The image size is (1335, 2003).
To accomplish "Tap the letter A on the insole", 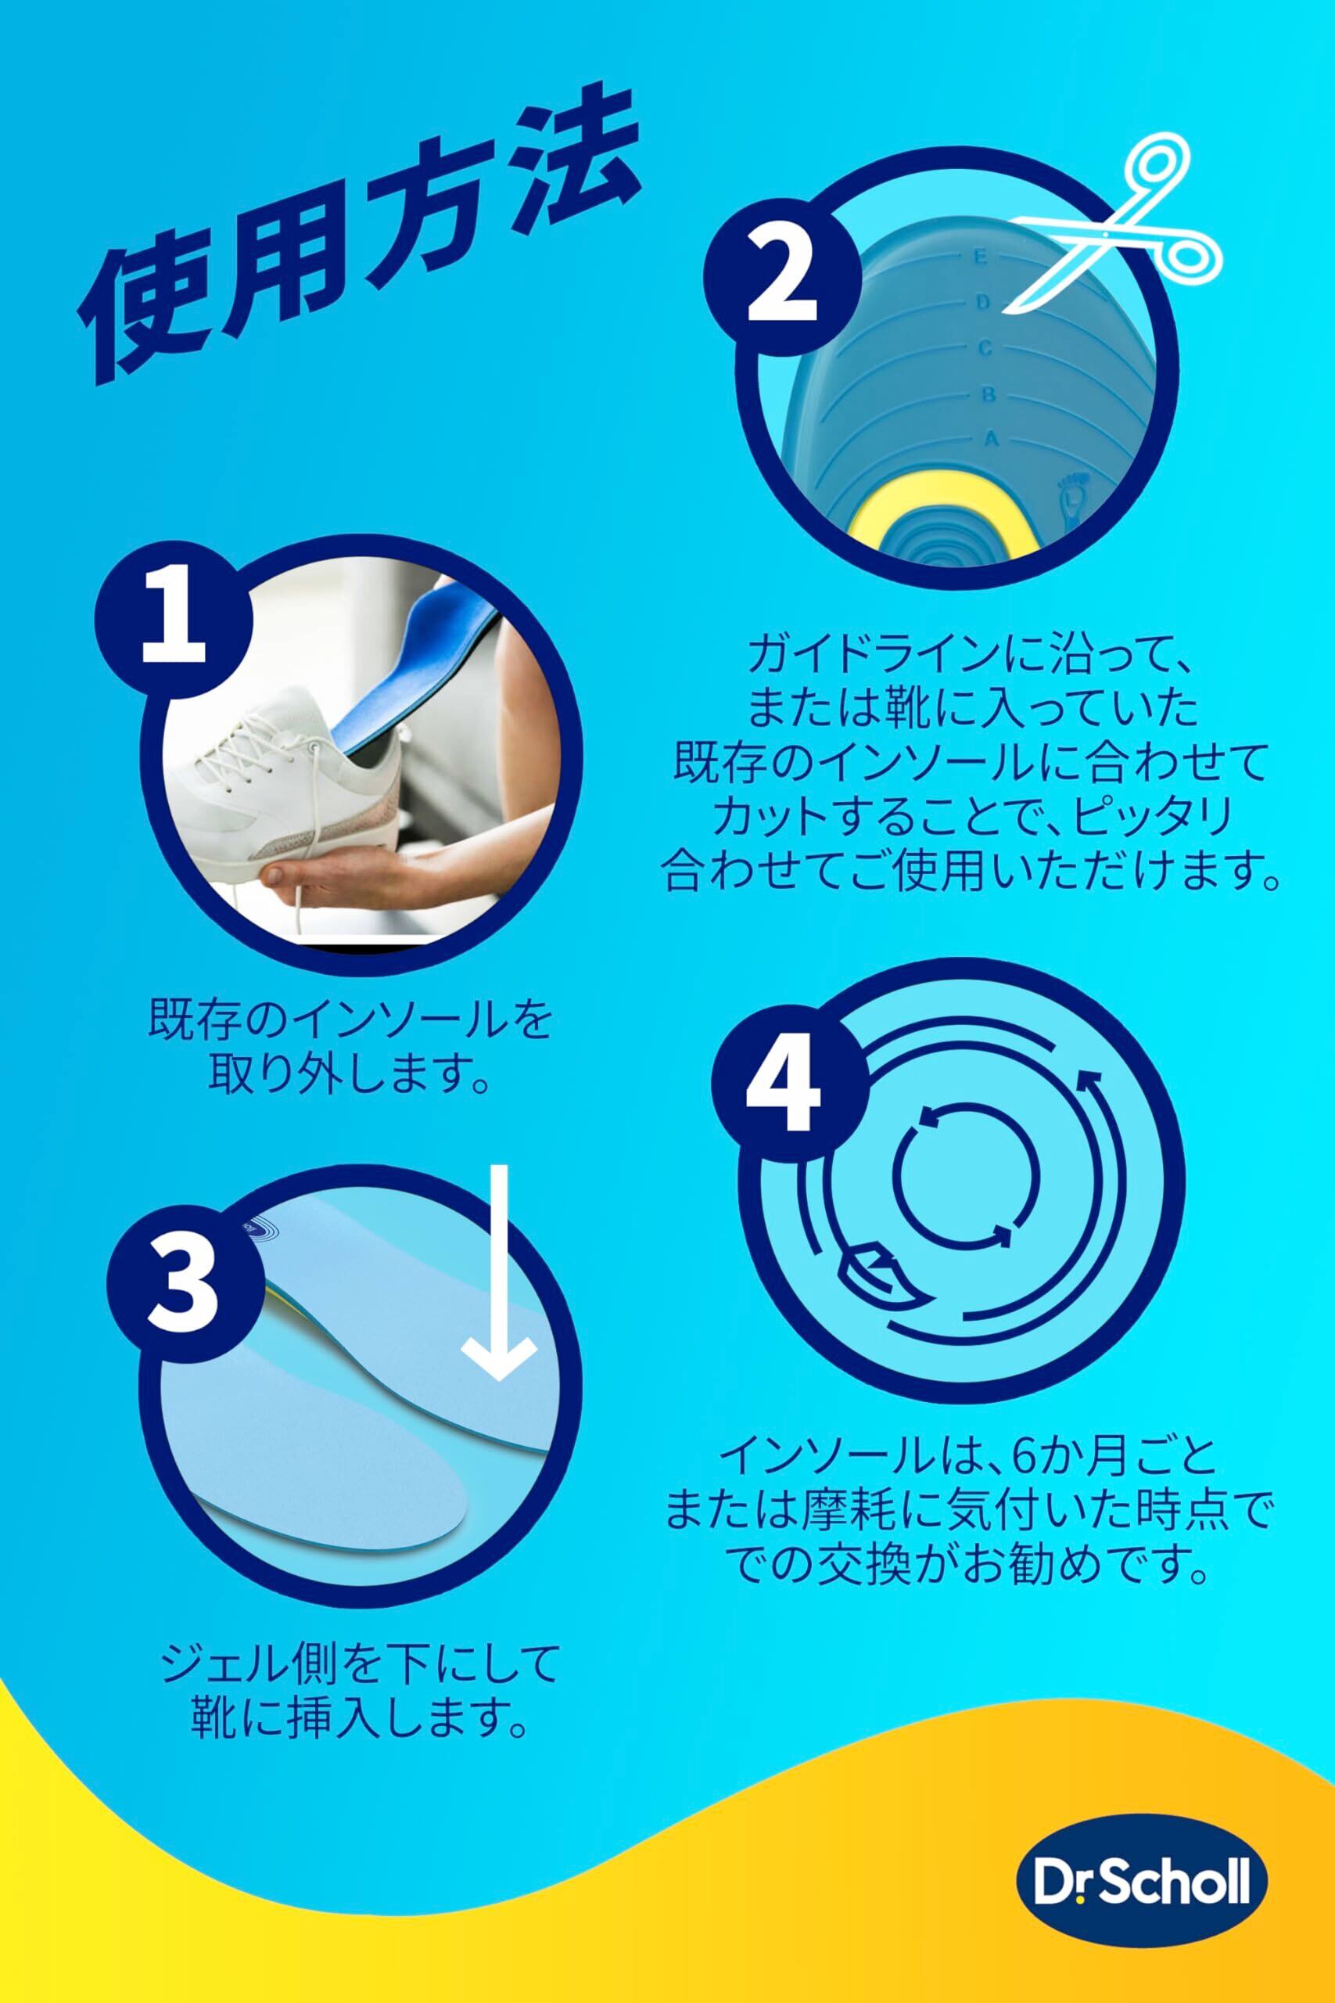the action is click(x=990, y=440).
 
